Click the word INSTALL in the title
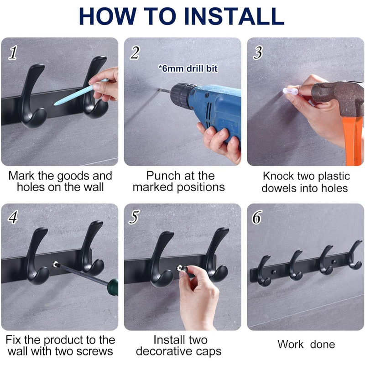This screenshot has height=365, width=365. coord(234,16)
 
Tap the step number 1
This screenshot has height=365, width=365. coord(13,52)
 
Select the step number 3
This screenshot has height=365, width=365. coord(258,52)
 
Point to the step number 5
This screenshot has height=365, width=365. coord(135,217)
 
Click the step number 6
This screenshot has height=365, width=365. coord(257,217)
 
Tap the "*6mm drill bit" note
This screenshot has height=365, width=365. coord(188,68)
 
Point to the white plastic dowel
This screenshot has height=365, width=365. coord(291,90)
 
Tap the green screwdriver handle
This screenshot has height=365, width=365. coord(113,287)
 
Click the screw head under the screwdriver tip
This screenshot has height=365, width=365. coord(55,264)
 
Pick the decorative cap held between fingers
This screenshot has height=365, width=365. coord(181,268)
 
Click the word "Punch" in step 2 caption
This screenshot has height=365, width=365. coord(164,176)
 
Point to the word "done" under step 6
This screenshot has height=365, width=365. coord(323,344)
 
